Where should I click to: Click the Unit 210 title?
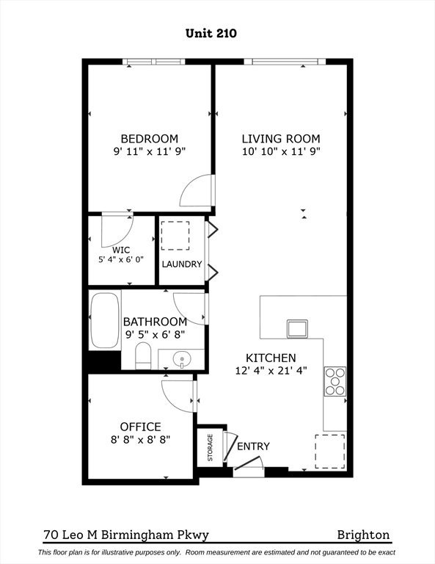click(211, 33)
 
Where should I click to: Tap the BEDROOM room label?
click(150, 139)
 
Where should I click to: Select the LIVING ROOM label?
click(281, 139)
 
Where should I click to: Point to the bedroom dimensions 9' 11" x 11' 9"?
click(150, 151)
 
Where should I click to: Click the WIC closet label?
click(121, 250)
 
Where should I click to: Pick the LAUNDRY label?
click(182, 264)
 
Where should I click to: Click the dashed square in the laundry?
click(175, 236)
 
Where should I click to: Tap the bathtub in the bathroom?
click(105, 320)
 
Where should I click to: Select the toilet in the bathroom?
click(143, 355)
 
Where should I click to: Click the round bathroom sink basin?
click(182, 359)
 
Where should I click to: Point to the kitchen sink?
click(297, 328)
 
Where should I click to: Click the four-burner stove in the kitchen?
click(335, 381)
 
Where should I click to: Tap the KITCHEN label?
click(271, 358)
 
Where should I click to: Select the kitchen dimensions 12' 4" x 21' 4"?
click(271, 370)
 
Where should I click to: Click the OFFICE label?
click(140, 427)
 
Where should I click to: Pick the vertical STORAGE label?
click(210, 447)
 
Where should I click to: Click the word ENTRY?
click(253, 446)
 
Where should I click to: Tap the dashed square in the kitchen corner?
click(330, 452)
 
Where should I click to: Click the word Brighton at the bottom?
click(363, 535)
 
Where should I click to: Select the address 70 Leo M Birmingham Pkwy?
click(126, 535)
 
